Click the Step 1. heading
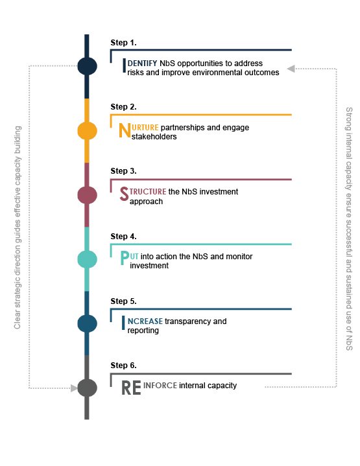123,43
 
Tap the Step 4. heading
123,237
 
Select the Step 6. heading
123,366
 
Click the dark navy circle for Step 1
87,66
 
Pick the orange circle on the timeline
87,130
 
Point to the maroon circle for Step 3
87,195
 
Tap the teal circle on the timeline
87,259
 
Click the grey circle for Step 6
87,388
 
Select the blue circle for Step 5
87,323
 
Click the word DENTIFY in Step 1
142,64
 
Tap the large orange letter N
125,130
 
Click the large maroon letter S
124,194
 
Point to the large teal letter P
125,258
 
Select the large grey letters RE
131,388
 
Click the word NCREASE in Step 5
145,321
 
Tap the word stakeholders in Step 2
154,137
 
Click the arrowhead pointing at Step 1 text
291,69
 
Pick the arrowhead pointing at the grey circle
74,388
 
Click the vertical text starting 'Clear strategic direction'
18,227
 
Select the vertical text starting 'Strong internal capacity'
349,229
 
